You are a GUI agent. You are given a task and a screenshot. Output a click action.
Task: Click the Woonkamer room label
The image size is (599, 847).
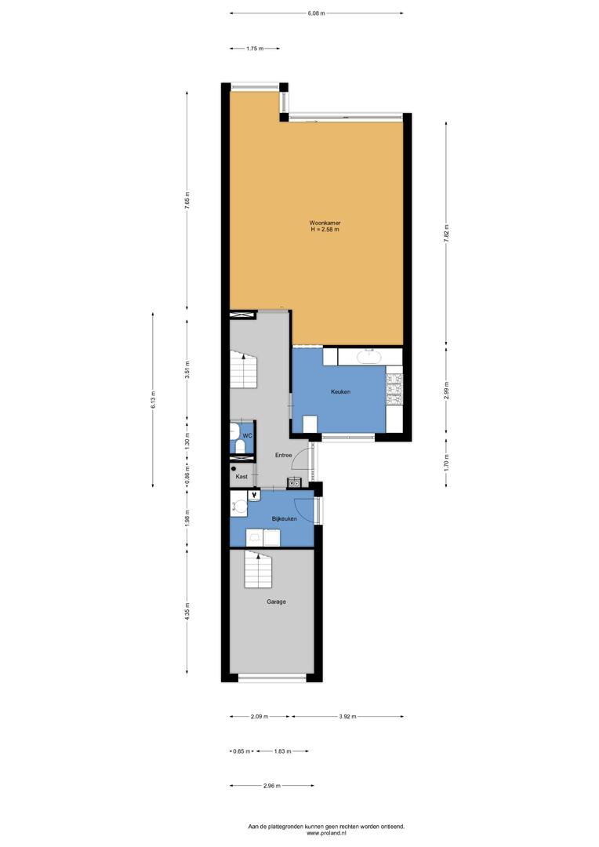325,223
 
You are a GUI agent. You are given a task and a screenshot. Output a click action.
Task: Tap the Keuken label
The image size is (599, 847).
340,391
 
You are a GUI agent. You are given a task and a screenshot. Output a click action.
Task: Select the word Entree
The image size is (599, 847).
283,456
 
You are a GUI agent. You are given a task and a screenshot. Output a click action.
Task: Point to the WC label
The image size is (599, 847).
247,436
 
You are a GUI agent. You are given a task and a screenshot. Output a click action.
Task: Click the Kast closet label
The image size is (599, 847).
241,477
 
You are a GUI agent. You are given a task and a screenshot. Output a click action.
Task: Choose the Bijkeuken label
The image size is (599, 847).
284,519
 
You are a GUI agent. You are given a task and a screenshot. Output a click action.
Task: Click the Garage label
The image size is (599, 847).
276,602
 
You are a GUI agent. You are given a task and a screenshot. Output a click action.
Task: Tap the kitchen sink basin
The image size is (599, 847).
370,357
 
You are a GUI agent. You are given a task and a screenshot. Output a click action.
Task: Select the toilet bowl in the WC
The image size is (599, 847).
234,431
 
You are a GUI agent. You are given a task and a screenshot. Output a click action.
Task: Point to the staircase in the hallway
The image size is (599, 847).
243,369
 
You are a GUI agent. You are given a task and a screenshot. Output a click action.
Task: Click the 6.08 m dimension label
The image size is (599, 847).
317,13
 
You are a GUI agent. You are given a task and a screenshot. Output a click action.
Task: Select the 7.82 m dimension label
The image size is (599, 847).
446,234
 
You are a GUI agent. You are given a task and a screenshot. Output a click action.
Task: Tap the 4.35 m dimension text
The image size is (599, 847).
187,612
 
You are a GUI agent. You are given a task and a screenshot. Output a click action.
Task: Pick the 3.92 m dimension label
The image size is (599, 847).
348,717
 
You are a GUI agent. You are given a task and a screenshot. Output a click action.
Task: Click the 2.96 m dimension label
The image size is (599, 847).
272,786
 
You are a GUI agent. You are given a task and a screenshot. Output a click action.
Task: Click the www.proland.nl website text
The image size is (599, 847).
325,834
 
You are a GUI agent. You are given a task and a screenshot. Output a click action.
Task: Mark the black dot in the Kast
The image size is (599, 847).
234,469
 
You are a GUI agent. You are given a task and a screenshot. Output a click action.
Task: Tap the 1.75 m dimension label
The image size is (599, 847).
254,49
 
